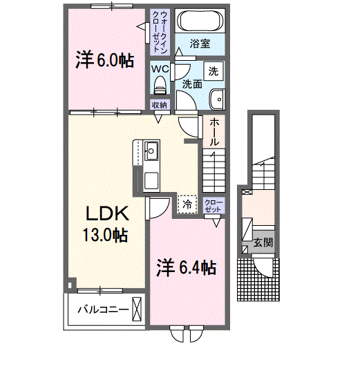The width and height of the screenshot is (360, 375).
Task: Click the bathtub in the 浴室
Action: pyautogui.click(x=200, y=20)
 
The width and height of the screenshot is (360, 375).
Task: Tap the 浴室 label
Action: pyautogui.click(x=200, y=44)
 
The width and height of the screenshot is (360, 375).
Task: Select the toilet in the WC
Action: pyautogui.click(x=160, y=85)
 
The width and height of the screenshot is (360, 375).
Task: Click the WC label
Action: pyautogui.click(x=160, y=69)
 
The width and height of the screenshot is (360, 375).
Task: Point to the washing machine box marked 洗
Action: pyautogui.click(x=214, y=71)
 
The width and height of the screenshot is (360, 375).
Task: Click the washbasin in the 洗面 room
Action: pyautogui.click(x=218, y=99)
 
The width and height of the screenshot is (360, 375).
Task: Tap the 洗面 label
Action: pyautogui.click(x=192, y=84)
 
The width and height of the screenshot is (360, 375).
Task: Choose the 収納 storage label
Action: pyautogui.click(x=160, y=105)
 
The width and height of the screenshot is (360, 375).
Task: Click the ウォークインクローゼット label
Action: pyautogui.click(x=160, y=32)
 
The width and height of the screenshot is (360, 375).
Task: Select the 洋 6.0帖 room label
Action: pyautogui.click(x=104, y=61)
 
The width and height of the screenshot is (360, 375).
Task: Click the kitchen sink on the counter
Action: pyautogui.click(x=151, y=151)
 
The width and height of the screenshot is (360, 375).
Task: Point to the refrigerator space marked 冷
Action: pyautogui.click(x=187, y=204)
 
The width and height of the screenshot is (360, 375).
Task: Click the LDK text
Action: pyautogui.click(x=108, y=213)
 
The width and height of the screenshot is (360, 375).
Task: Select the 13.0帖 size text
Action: pyautogui.click(x=105, y=235)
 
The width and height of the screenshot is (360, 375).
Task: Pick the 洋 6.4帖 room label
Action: pyautogui.click(x=187, y=268)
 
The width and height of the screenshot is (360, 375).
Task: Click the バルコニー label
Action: pyautogui.click(x=103, y=310)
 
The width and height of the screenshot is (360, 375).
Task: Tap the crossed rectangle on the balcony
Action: pyautogui.click(x=137, y=309)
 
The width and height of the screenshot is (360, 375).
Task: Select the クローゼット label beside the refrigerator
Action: pyautogui.click(x=214, y=206)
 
